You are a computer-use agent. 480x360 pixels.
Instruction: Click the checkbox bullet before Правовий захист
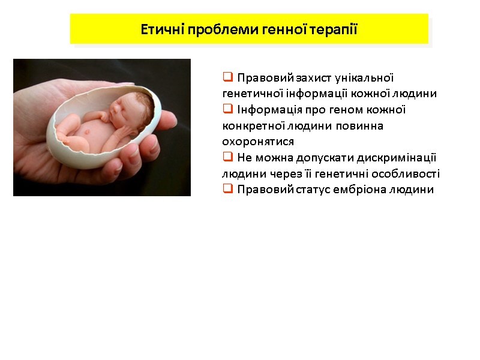227,77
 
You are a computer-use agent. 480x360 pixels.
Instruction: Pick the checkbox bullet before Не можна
227,157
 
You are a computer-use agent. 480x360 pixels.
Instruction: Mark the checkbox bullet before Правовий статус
227,190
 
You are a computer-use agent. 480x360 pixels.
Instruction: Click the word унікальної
364,78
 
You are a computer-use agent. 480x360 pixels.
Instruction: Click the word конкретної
249,126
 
